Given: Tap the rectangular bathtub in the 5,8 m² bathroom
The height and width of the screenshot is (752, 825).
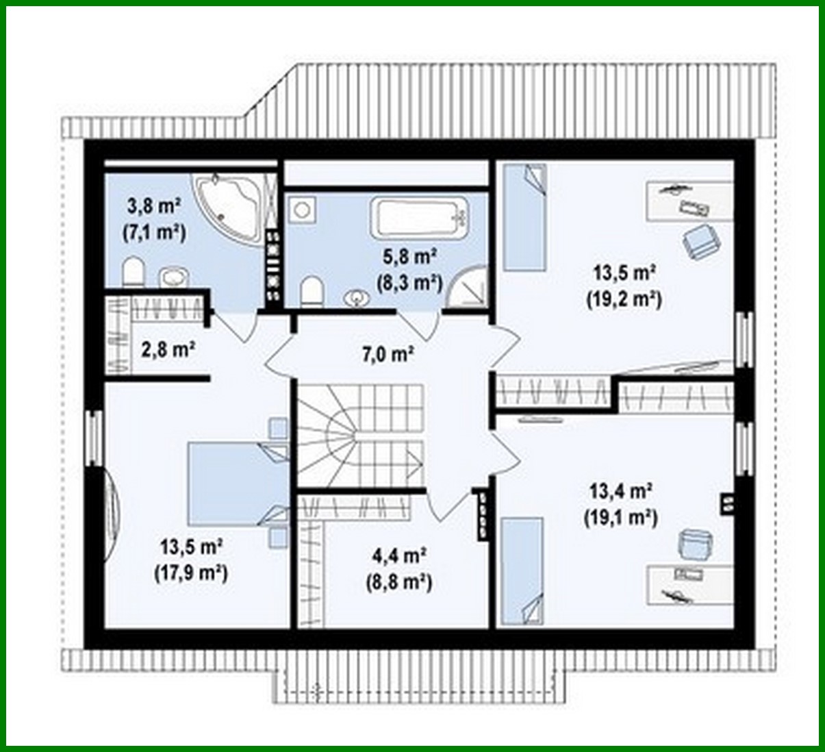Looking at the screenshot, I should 420,217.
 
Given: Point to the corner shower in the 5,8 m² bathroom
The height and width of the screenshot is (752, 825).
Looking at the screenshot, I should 469,288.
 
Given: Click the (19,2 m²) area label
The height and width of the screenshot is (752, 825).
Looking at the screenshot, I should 624,299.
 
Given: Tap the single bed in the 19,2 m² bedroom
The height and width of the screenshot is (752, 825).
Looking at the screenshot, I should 525,217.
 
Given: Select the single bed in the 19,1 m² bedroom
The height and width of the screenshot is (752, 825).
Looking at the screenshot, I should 522,571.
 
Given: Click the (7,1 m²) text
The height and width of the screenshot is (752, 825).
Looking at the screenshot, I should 155,232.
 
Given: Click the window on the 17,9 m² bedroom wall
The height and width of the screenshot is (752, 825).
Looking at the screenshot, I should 93,438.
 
